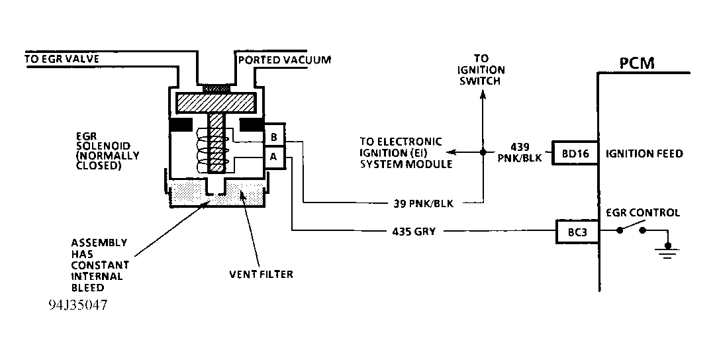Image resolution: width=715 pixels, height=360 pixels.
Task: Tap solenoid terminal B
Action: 273,137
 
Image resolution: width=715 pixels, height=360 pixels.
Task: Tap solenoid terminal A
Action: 273,157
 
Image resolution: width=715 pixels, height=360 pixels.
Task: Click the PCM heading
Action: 637,64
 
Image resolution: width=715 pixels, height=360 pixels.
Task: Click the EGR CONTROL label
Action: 643,212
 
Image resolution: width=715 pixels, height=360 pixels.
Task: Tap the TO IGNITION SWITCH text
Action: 482,69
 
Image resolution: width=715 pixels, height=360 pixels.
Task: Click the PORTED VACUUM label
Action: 284,60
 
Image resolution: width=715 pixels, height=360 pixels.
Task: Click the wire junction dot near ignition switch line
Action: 482,153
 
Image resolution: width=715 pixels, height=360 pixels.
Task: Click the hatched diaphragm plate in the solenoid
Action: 215,103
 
